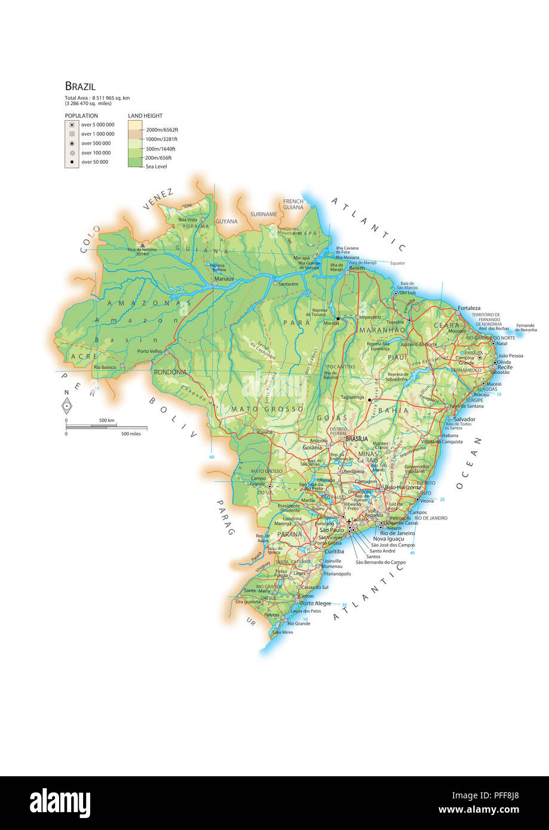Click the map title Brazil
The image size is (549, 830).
coord(80,87)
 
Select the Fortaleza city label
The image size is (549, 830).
coord(469,308)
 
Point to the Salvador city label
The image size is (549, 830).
coord(465,419)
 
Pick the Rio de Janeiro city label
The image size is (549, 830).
coord(397,533)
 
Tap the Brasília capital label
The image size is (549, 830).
coord(357,438)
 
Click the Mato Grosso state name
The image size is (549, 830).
coord(267,409)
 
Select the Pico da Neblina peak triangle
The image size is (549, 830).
coord(142,245)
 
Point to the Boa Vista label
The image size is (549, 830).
coord(188,220)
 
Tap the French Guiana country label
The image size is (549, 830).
coord(293,204)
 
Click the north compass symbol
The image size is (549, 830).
coord(68,405)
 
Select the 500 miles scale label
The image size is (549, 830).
coord(131,434)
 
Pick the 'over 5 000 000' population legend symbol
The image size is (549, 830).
coord(72,125)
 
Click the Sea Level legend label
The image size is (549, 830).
coord(157,167)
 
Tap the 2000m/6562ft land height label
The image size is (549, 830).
coord(162,130)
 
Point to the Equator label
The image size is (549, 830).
coord(397,263)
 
